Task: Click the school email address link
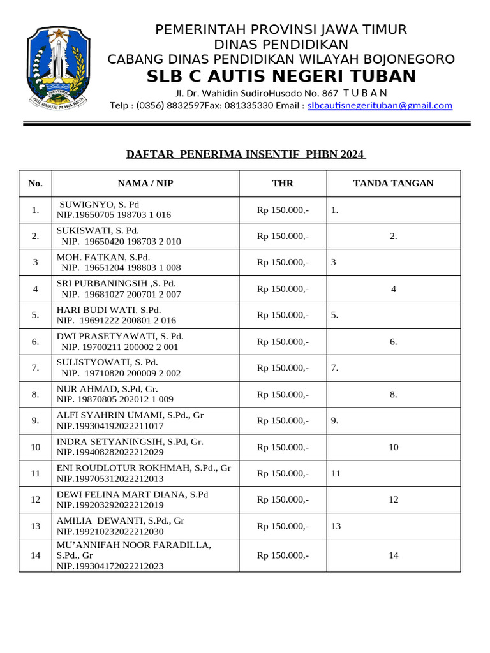(380, 106)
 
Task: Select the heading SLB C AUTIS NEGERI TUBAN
(281, 77)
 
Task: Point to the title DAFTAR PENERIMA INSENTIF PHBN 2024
(246, 154)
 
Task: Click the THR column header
(283, 184)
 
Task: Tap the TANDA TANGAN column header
(393, 184)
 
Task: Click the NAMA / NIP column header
(145, 184)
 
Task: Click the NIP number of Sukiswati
(121, 242)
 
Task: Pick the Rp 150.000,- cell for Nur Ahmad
(283, 395)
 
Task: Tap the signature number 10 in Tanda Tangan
(393, 448)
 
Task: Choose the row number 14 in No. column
(36, 555)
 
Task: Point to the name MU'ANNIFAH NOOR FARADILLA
(133, 545)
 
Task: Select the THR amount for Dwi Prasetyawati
(283, 342)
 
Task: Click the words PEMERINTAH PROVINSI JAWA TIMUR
(281, 29)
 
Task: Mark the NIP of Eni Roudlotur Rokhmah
(110, 479)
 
